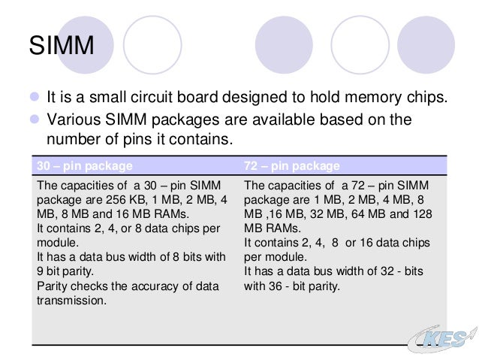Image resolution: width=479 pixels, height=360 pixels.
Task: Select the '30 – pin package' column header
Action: [x=85, y=165]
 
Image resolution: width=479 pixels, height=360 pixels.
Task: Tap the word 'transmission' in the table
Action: [x=71, y=301]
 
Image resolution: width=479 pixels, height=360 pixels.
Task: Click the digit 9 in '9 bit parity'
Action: [x=40, y=272]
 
